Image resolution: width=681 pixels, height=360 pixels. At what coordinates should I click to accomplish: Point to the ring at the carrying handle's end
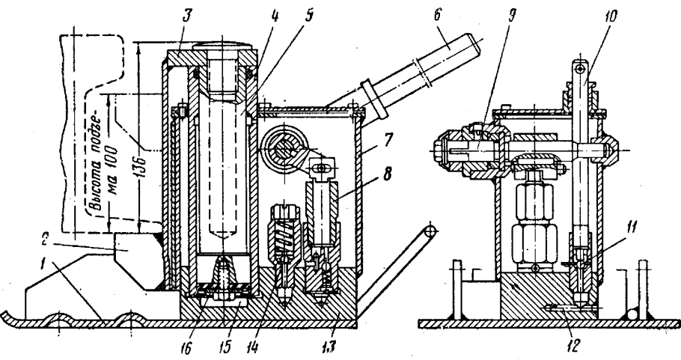[428, 233]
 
